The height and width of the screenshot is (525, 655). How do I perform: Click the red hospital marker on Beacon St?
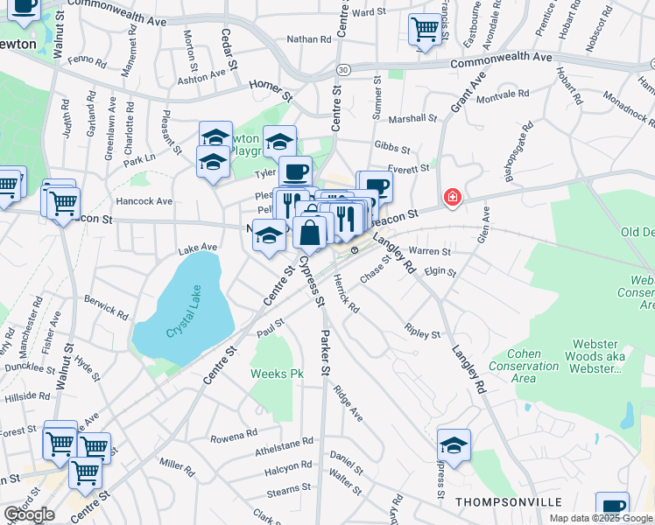coord(452,198)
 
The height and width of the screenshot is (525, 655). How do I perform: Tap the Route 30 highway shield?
coord(344,68)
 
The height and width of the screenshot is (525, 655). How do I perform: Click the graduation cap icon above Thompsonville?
coord(454,445)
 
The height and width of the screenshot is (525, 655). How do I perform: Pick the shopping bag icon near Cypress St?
coord(310,233)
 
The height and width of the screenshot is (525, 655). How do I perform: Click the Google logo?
coord(29,514)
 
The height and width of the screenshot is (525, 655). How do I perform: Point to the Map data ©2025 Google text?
coord(601,518)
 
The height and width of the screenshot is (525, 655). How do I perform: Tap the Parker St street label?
coord(325,353)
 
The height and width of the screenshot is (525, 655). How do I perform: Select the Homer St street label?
coord(268,86)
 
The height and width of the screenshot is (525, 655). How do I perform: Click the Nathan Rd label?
coord(309,39)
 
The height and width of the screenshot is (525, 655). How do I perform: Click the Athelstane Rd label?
coord(284,442)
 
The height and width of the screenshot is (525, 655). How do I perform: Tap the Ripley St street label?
coord(422,333)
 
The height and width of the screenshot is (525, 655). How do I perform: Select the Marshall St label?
coord(412,118)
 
